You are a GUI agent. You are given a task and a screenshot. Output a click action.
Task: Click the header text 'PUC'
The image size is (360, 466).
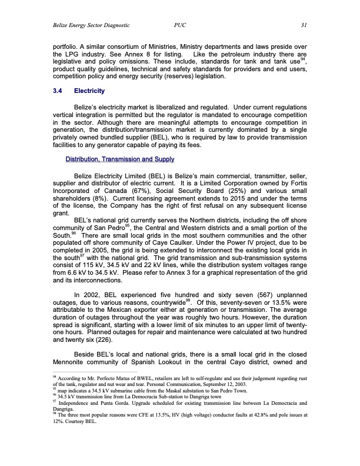(181, 25)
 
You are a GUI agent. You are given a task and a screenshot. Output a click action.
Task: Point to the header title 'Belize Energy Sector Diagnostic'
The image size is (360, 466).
(91, 25)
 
